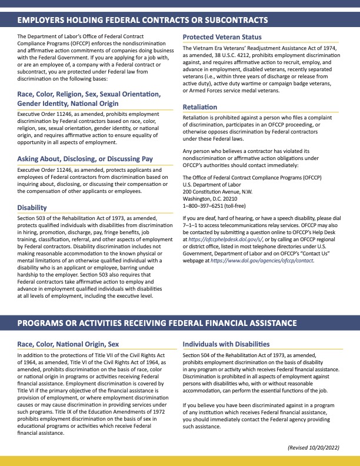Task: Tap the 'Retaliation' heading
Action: (200, 106)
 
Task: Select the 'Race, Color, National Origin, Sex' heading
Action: (68, 344)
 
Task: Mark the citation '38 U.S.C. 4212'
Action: (238, 54)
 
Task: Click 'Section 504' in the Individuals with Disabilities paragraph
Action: (197, 356)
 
